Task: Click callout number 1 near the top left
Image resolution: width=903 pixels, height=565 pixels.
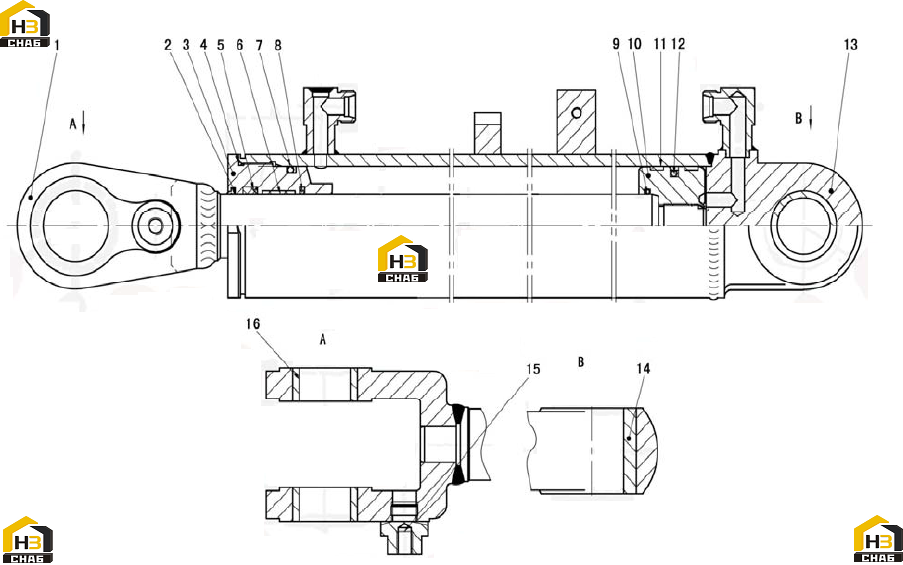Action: pyautogui.click(x=57, y=45)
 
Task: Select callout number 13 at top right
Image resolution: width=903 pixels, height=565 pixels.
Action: pyautogui.click(x=850, y=45)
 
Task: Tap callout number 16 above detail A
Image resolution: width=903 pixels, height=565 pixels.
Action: pyautogui.click(x=253, y=324)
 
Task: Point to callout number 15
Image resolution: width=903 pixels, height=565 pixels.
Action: pyautogui.click(x=533, y=369)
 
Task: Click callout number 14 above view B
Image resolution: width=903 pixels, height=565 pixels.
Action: pyautogui.click(x=643, y=368)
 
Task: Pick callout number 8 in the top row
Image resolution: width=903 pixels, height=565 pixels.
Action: pyautogui.click(x=278, y=45)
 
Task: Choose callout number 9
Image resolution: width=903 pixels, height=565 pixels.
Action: pyautogui.click(x=616, y=44)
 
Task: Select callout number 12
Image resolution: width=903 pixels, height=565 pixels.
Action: pyautogui.click(x=678, y=44)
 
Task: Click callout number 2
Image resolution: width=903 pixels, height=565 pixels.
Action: pyautogui.click(x=168, y=45)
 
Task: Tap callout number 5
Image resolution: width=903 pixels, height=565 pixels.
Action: pyautogui.click(x=221, y=45)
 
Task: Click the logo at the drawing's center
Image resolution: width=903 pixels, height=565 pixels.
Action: pyautogui.click(x=403, y=259)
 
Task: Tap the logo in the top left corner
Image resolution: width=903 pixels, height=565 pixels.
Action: pyautogui.click(x=25, y=24)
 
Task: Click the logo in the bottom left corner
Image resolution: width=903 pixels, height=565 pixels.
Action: pyautogui.click(x=27, y=539)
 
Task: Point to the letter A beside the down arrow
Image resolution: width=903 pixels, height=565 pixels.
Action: pyautogui.click(x=73, y=124)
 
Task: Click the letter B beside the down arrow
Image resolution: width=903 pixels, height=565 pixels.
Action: pyautogui.click(x=798, y=118)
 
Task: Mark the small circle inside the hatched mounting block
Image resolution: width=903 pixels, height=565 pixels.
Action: pyautogui.click(x=577, y=113)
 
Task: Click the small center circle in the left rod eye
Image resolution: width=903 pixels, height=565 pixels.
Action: pyautogui.click(x=155, y=225)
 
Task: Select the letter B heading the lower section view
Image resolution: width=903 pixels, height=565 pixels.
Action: pyautogui.click(x=581, y=362)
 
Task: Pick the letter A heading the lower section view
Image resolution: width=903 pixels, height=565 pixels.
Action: pyautogui.click(x=322, y=339)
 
